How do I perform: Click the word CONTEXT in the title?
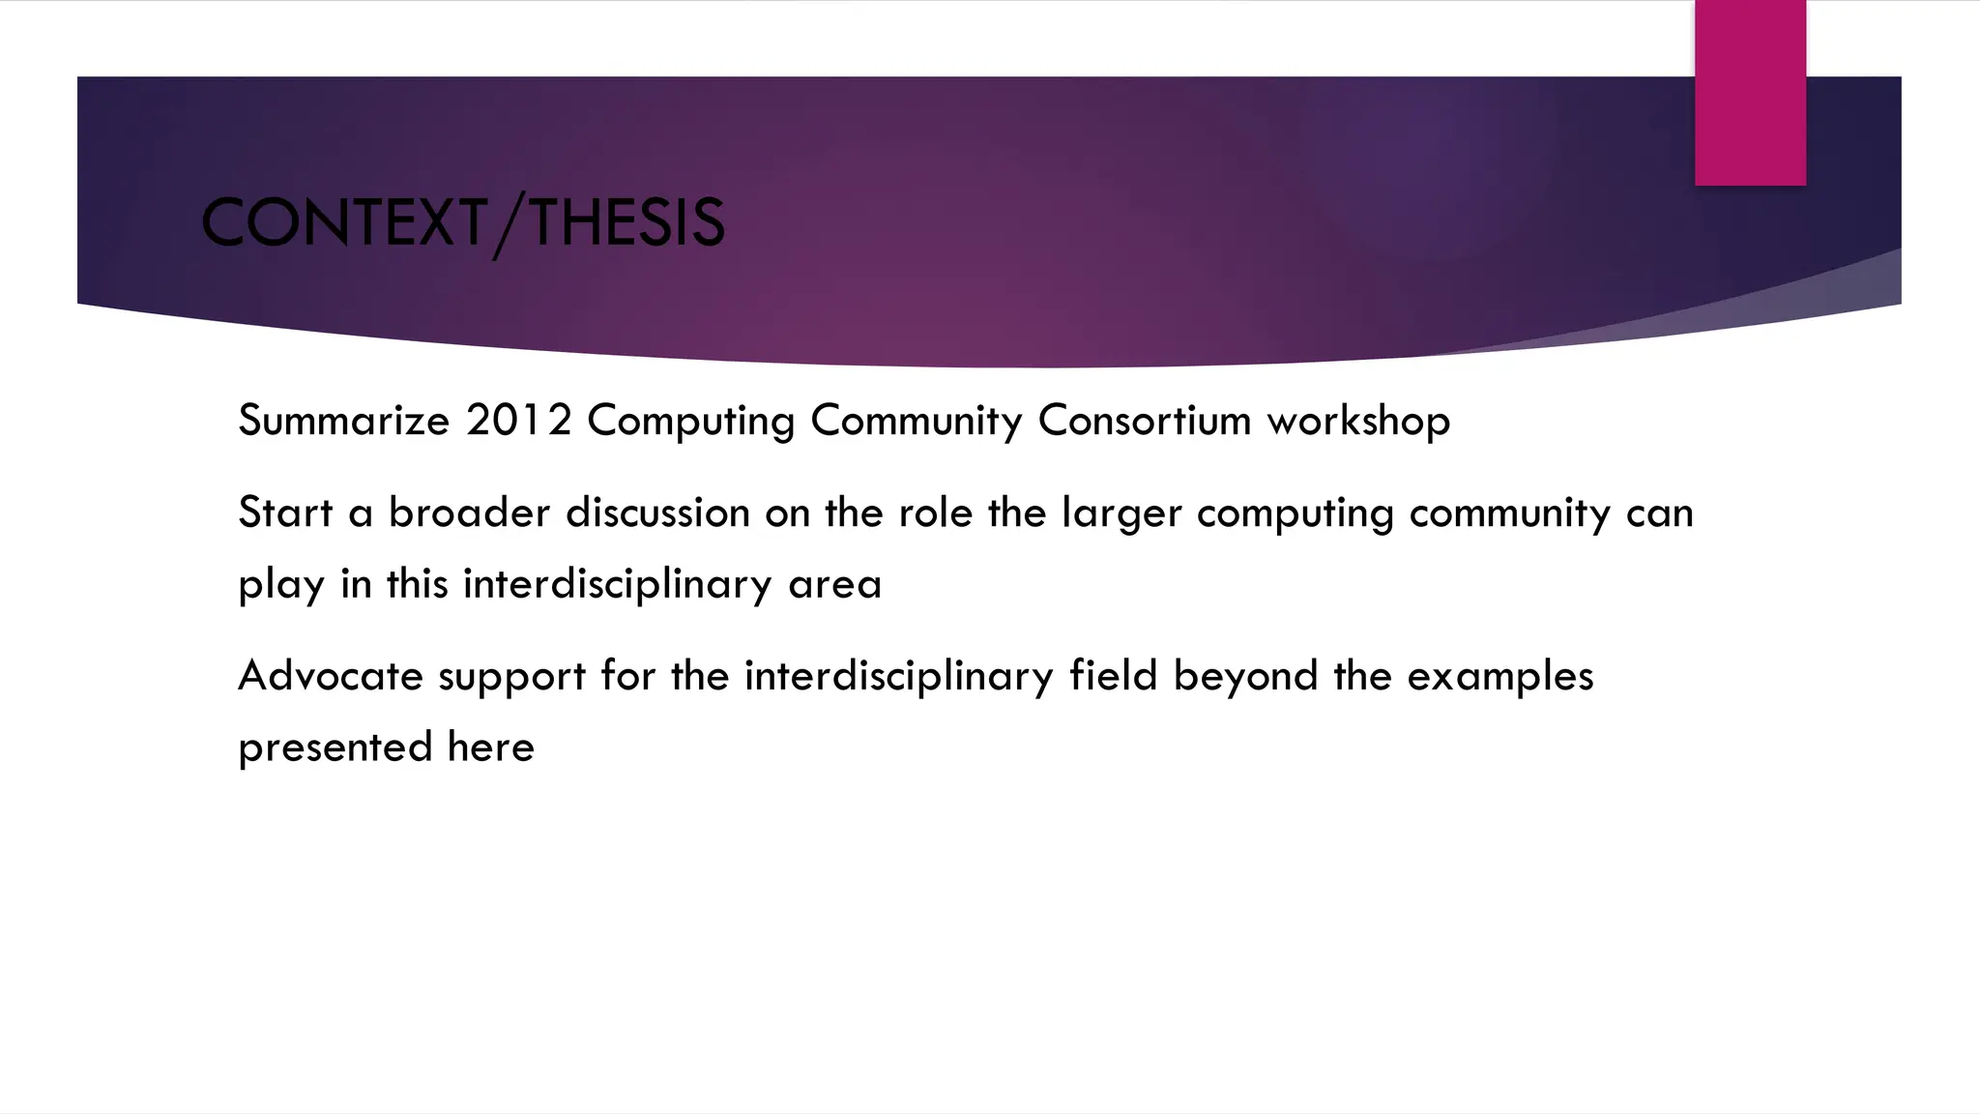[343, 222]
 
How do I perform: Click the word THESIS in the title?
[626, 222]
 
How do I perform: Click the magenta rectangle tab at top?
[1750, 93]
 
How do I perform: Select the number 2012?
[518, 421]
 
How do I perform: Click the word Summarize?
[343, 421]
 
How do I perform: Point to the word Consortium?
[1145, 421]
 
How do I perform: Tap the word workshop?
[1358, 421]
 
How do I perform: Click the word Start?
[285, 513]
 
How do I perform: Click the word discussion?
[657, 513]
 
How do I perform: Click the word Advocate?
[331, 676]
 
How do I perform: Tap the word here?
[490, 748]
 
